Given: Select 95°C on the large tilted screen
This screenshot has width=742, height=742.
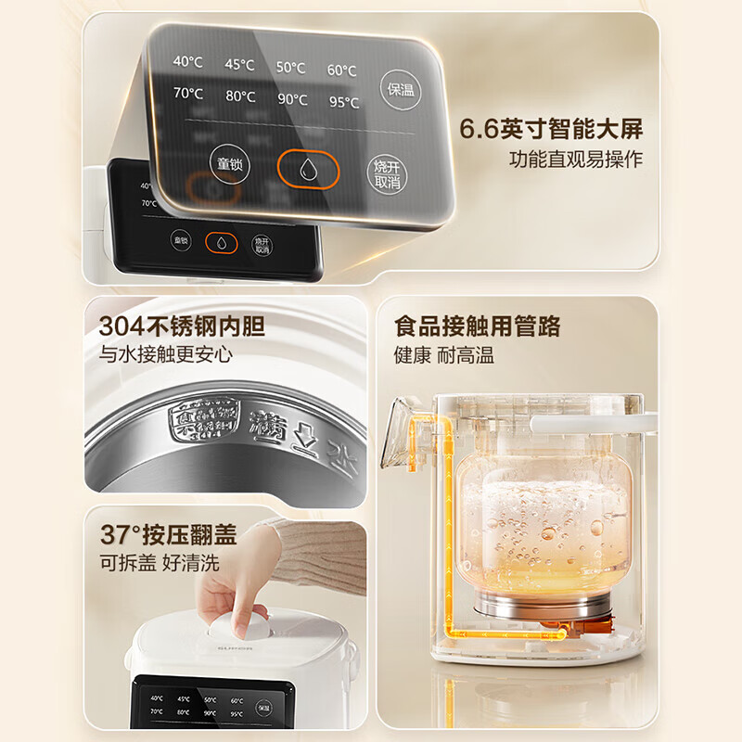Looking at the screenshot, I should pyautogui.click(x=342, y=103).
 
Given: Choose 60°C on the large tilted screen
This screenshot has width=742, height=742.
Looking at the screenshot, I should pyautogui.click(x=341, y=70).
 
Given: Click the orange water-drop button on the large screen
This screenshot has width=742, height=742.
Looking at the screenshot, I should pyautogui.click(x=309, y=169).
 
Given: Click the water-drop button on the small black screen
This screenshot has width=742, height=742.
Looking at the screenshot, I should pyautogui.click(x=222, y=242).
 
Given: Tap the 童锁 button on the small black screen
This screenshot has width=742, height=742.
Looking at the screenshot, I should pyautogui.click(x=182, y=241).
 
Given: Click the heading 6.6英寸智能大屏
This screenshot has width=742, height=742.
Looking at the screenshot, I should pyautogui.click(x=551, y=129).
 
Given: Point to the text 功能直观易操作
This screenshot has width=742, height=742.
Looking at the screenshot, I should pyautogui.click(x=575, y=160).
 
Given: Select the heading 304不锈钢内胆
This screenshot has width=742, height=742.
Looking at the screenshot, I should pyautogui.click(x=182, y=326).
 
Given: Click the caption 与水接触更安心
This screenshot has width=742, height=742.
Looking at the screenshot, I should pyautogui.click(x=166, y=354).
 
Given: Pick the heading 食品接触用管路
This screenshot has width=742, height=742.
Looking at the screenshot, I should pyautogui.click(x=478, y=326).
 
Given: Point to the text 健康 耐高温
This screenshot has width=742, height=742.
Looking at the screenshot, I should pyautogui.click(x=444, y=355).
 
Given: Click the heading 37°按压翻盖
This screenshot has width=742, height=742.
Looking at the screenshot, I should pyautogui.click(x=168, y=535).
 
